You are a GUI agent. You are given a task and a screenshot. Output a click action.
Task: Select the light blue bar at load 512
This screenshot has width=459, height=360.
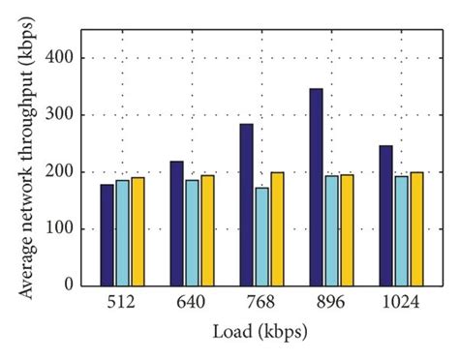tap(122, 232)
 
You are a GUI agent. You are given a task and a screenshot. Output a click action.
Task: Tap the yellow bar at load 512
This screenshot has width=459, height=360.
tap(138, 231)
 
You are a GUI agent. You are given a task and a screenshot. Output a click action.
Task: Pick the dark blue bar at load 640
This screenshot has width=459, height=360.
tap(176, 224)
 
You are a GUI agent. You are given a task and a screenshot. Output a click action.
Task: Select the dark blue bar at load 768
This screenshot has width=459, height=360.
tap(246, 204)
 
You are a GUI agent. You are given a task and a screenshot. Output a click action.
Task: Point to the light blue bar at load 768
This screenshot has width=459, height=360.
tap(261, 236)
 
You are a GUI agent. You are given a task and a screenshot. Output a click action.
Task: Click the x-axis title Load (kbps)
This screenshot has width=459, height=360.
tap(260, 331)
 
